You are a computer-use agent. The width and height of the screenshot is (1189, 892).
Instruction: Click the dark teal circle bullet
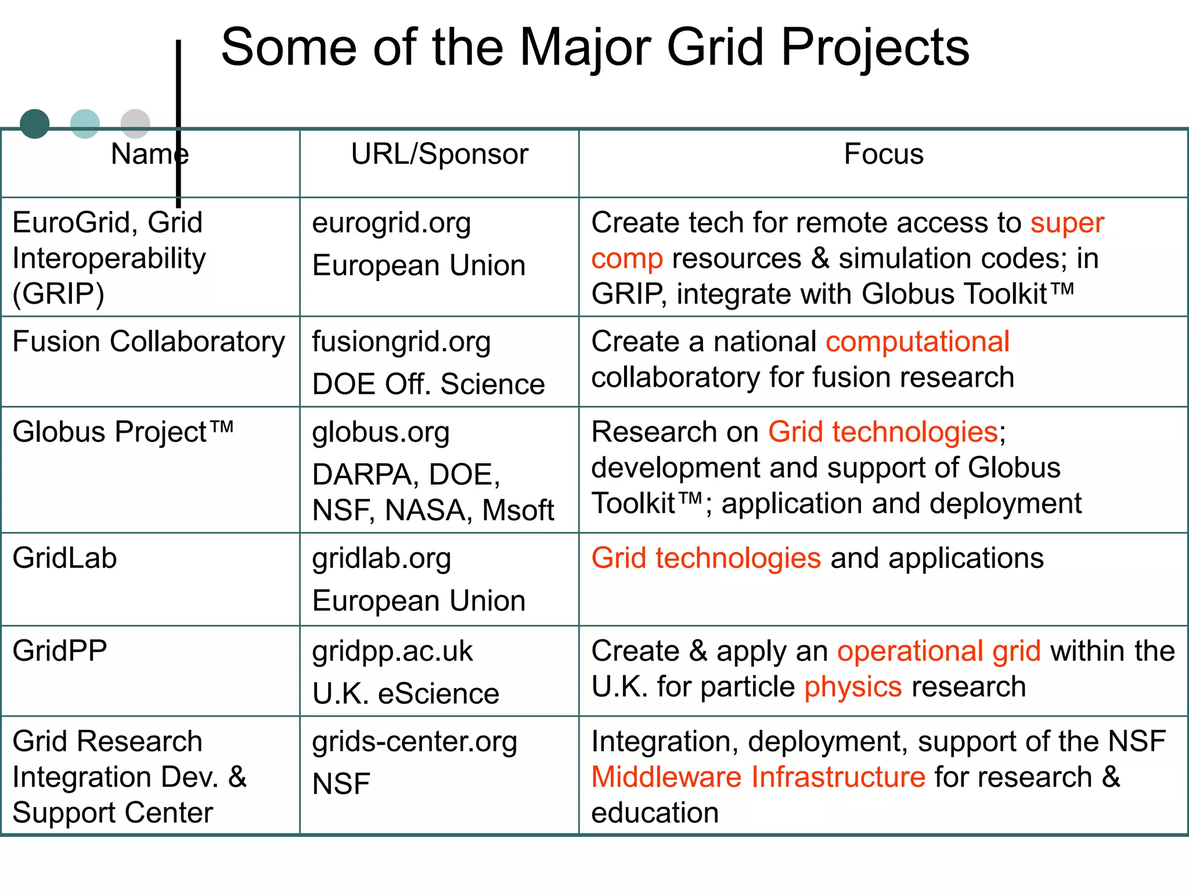point(35,124)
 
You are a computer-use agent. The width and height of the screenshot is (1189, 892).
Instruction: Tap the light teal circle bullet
point(85,124)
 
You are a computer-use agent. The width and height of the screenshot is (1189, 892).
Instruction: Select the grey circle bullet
point(135,124)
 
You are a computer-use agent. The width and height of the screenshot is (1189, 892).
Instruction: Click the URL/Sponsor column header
point(439,154)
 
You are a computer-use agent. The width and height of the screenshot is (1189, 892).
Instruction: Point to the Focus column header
point(883,154)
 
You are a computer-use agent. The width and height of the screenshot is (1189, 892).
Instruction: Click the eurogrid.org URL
point(391,224)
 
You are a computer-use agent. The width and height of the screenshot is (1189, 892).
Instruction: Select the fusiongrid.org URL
point(401,343)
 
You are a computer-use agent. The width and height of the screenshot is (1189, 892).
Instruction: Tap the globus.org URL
point(381,433)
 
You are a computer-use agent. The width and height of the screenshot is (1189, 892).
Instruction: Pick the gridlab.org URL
point(381,559)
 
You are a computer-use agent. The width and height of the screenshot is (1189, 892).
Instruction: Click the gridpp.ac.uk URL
point(392,652)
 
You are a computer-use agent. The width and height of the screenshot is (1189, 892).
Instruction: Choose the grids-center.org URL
point(415,742)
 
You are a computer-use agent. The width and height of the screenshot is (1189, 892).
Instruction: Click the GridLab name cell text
point(65,558)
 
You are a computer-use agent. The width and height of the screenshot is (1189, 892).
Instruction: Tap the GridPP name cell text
point(60,651)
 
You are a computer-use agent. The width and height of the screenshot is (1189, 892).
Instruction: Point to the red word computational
point(917,341)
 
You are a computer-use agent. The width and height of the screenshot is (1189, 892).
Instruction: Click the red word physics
point(853,687)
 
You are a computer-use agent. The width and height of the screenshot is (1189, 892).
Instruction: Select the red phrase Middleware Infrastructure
point(758,777)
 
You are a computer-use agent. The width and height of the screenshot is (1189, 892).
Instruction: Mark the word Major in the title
point(585,48)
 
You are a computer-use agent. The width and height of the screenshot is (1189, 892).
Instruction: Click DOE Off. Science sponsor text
point(428,384)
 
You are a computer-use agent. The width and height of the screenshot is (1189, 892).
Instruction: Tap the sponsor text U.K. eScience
point(406,694)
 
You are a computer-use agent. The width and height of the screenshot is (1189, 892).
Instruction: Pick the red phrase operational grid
point(939,651)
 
